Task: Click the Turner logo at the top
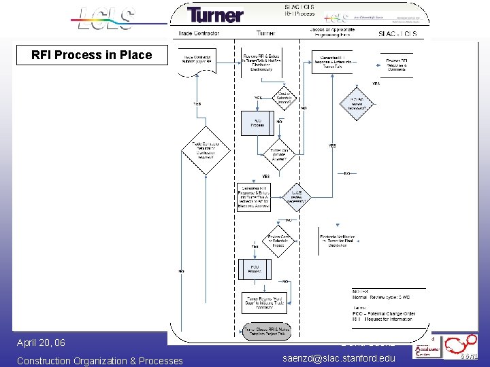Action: point(215,15)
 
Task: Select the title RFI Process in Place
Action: point(92,55)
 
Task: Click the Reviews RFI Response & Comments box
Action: point(397,65)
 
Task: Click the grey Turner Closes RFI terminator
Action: point(267,332)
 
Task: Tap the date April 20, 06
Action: point(41,343)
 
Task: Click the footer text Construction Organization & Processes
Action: point(99,360)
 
